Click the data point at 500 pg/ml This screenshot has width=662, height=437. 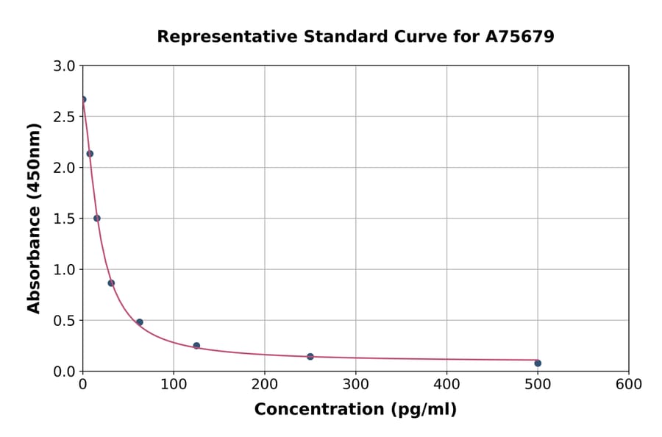(x=538, y=363)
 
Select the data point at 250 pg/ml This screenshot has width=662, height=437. (x=310, y=357)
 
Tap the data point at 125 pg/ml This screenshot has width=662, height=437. (x=196, y=346)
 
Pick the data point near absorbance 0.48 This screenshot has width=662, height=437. (x=140, y=322)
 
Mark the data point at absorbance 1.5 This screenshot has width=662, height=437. (x=97, y=218)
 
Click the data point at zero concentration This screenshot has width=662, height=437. (x=83, y=99)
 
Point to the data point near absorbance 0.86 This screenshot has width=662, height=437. (x=111, y=283)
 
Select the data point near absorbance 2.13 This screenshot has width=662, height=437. (x=90, y=154)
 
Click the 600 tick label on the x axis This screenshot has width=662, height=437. (x=629, y=384)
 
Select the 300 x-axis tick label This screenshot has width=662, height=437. (x=356, y=384)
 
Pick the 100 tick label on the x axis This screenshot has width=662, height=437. (x=174, y=384)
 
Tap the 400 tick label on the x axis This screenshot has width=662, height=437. (x=446, y=384)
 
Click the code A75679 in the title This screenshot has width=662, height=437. (x=520, y=37)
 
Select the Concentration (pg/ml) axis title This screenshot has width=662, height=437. (x=355, y=410)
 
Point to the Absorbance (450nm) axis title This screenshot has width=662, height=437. (x=34, y=218)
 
